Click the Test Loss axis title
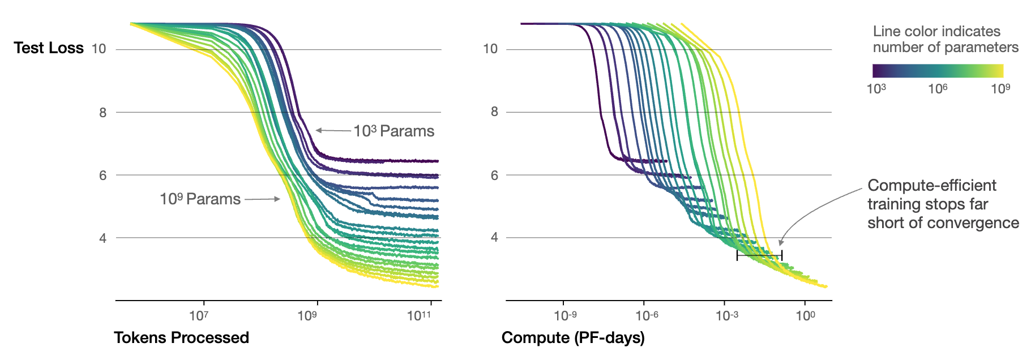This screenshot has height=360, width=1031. click(x=49, y=48)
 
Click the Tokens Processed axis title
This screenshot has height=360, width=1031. click(x=181, y=338)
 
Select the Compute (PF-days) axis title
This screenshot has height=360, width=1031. click(x=573, y=338)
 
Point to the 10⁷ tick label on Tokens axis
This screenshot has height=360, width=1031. click(x=199, y=316)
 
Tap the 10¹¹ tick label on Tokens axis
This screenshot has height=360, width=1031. click(x=419, y=316)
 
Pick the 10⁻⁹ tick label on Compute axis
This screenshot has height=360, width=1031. click(x=565, y=316)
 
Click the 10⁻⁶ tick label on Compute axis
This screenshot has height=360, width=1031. click(x=647, y=316)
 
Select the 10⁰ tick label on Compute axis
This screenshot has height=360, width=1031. click(x=806, y=316)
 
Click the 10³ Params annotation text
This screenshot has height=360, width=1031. click(x=394, y=131)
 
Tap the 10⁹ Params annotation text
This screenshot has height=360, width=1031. click(x=200, y=199)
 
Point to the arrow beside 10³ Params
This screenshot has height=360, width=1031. click(x=333, y=131)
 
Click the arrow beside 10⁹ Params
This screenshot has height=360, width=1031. click(x=262, y=199)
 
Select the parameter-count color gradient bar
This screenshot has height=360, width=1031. click(x=938, y=71)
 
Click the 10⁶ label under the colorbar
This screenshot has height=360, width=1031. click(x=938, y=89)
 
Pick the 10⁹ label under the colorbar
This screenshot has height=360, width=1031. click(x=1000, y=89)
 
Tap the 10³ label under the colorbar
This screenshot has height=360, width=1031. click(x=876, y=89)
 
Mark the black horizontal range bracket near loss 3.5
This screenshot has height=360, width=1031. click(x=759, y=255)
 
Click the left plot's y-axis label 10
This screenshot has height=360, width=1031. click(x=99, y=49)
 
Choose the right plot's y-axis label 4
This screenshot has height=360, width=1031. click(x=494, y=238)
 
